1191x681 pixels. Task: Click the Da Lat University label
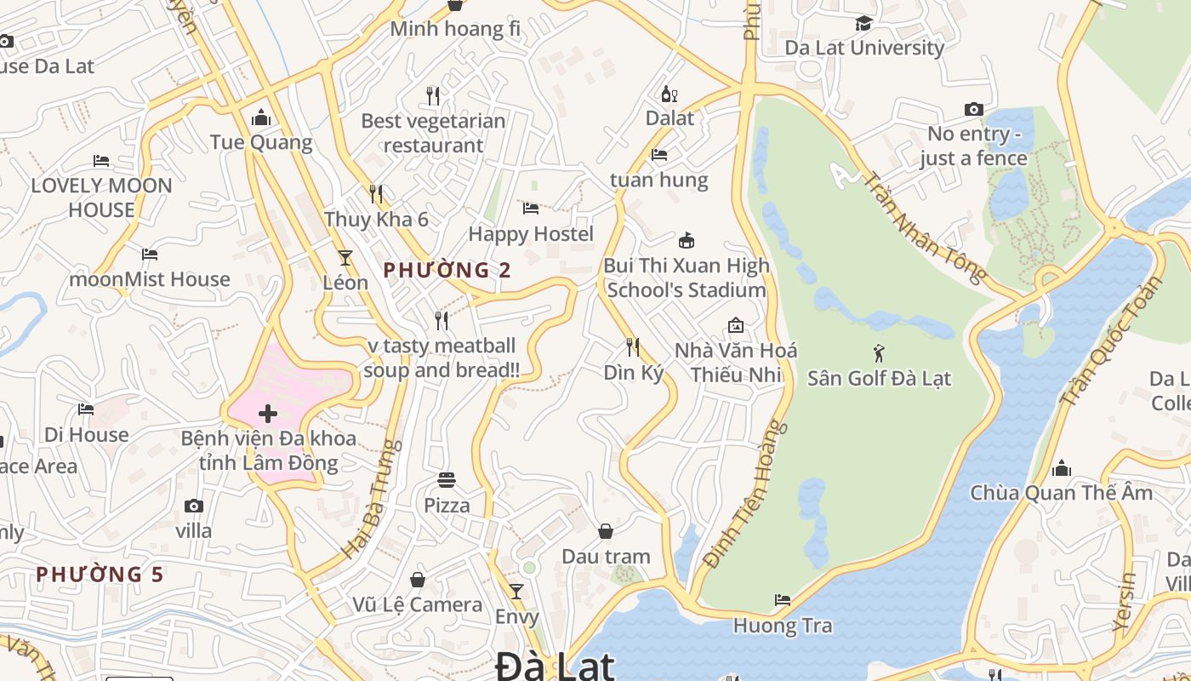point(864,48)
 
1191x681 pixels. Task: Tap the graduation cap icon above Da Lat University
point(863,23)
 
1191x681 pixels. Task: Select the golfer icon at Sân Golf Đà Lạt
point(879,352)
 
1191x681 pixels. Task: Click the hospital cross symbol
point(268,415)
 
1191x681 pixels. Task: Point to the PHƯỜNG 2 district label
point(447,271)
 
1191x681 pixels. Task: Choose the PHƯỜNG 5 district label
point(100,575)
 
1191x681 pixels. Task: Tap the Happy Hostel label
point(531,233)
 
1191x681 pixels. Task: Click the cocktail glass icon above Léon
point(345,257)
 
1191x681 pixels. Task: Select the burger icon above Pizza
point(447,480)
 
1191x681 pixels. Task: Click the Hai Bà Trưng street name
point(372,499)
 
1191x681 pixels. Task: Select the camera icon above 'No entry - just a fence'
point(973,109)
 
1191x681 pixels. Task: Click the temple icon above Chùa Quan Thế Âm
point(1061,468)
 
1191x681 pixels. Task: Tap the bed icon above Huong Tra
point(783,600)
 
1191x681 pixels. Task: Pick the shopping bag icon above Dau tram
point(605,532)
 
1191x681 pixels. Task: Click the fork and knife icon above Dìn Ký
point(633,346)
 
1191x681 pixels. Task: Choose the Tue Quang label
point(261,142)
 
